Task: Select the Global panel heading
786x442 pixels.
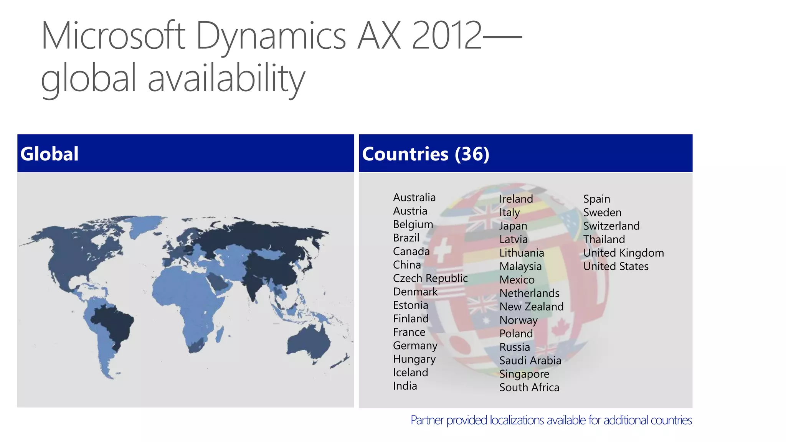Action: (x=50, y=154)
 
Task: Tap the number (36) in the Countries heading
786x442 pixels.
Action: (x=472, y=154)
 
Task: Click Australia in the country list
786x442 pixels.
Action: (x=414, y=198)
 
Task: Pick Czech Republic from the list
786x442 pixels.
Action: (x=430, y=278)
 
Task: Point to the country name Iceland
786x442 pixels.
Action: (x=410, y=373)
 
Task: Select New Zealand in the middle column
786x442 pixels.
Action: (x=532, y=307)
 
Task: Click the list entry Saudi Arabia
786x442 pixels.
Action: (x=530, y=360)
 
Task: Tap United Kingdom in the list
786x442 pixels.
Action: (x=623, y=253)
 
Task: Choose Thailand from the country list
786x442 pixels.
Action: (x=604, y=239)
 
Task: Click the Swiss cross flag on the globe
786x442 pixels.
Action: (x=443, y=249)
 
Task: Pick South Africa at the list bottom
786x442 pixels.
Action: (x=529, y=388)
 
